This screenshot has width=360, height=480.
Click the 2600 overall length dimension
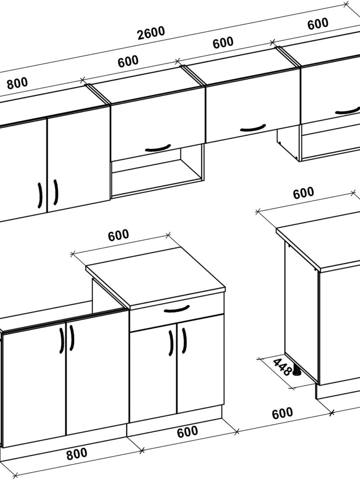pyautogui.click(x=151, y=33)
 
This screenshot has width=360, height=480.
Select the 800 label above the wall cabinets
pyautogui.click(x=17, y=83)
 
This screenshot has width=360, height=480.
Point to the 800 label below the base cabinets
pyautogui.click(x=76, y=454)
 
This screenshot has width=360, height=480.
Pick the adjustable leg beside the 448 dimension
pyautogui.click(x=296, y=369)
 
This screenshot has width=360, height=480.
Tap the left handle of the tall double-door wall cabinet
pyautogui.click(x=40, y=195)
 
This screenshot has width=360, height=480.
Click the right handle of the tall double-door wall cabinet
pyautogui.click(x=56, y=192)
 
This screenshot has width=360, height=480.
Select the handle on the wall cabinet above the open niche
pyautogui.click(x=158, y=148)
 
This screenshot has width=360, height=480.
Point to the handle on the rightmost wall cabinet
pyautogui.click(x=348, y=111)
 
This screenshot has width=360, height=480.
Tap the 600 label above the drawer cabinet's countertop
pyautogui.click(x=118, y=235)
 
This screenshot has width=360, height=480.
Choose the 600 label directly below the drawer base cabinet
pyautogui.click(x=187, y=432)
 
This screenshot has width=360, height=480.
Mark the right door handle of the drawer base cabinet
pyautogui.click(x=184, y=341)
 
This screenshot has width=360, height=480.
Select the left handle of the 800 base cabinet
pyautogui.click(x=62, y=341)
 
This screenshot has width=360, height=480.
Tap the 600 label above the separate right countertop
pyautogui.click(x=303, y=193)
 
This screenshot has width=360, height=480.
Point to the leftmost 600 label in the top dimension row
pyautogui.click(x=128, y=62)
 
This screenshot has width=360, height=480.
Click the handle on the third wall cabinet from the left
pyautogui.click(x=253, y=128)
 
